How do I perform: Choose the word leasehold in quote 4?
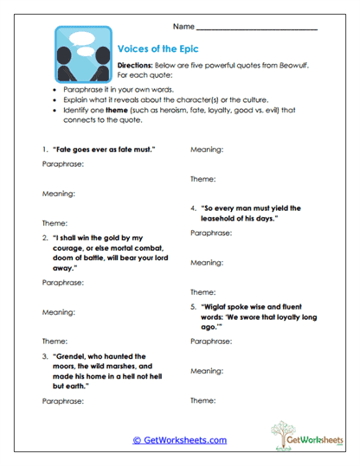tap(226, 219)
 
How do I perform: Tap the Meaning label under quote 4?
tap(207, 261)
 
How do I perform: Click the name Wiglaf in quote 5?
tap(222, 306)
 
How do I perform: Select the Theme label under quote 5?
tap(202, 400)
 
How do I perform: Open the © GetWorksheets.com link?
tap(180, 440)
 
